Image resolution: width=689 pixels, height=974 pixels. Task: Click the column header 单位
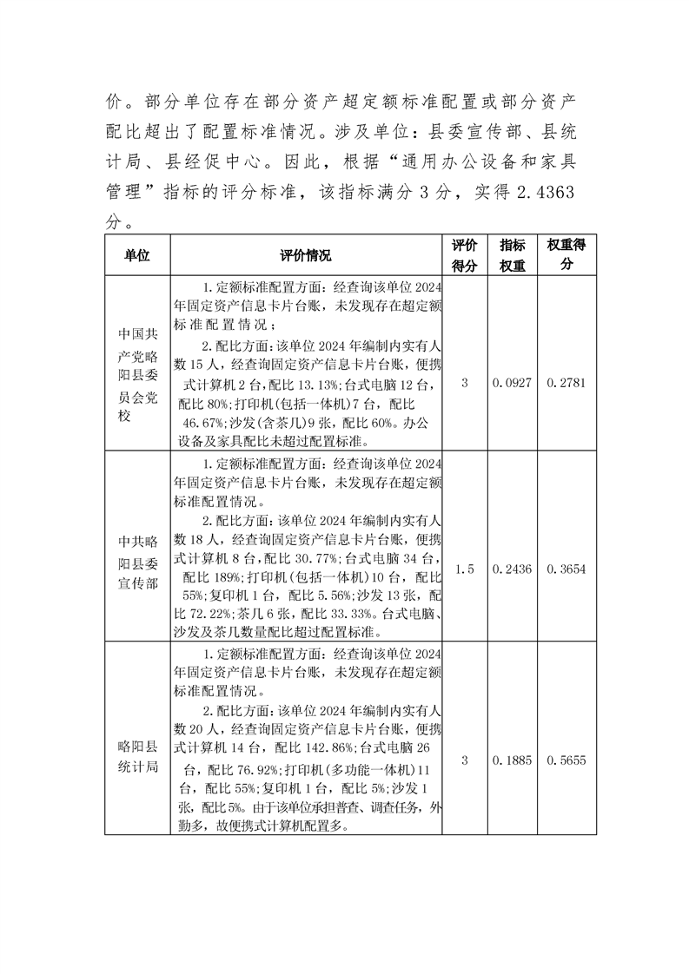136,255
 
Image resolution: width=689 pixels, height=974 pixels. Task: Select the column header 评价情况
305,255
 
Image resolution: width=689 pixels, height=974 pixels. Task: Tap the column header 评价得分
465,255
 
